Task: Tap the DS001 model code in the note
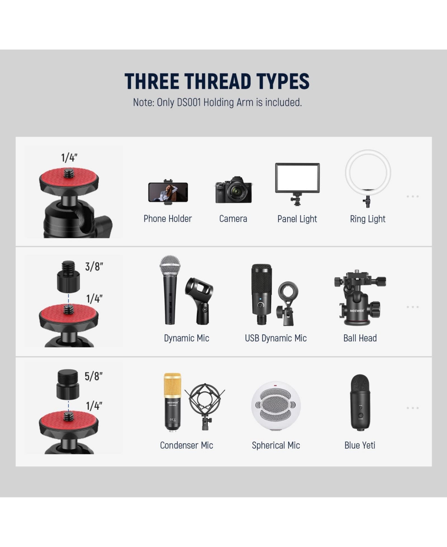pyautogui.click(x=189, y=103)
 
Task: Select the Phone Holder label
pyautogui.click(x=168, y=219)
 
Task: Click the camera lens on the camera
pyautogui.click(x=238, y=191)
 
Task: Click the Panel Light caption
pyautogui.click(x=297, y=219)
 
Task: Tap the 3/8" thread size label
pyautogui.click(x=94, y=266)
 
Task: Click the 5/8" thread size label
pyautogui.click(x=93, y=376)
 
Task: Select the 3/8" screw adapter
pyautogui.click(x=69, y=277)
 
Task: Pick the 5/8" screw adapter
pyautogui.click(x=68, y=384)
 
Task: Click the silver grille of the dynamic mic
pyautogui.click(x=170, y=265)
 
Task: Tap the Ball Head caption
pyautogui.click(x=360, y=338)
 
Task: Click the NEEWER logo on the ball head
pyautogui.click(x=357, y=310)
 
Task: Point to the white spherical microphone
pyautogui.click(x=276, y=406)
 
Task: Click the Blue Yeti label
pyautogui.click(x=360, y=445)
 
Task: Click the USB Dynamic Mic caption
pyautogui.click(x=276, y=338)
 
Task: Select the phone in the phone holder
pyautogui.click(x=168, y=192)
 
